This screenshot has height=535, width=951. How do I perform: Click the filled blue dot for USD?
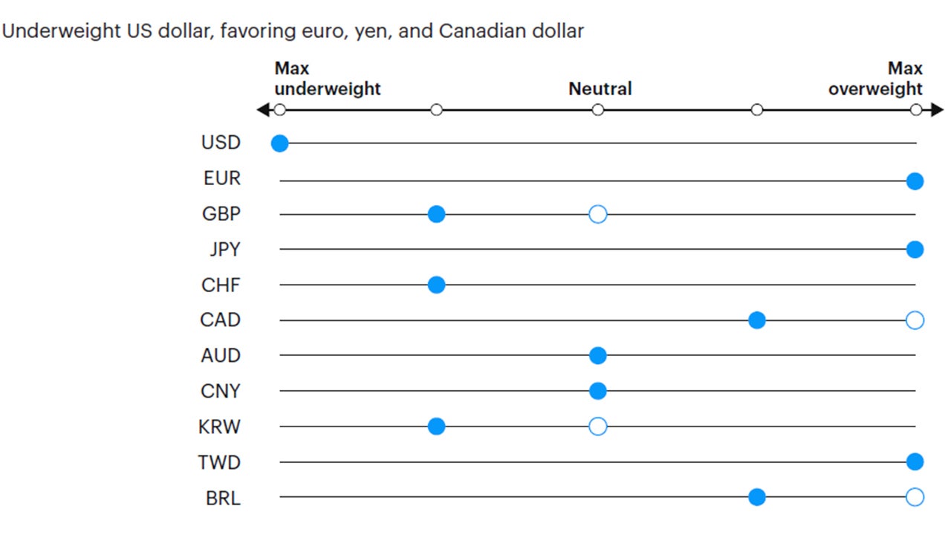coord(279,143)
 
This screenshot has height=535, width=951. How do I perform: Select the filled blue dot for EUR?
coord(915,181)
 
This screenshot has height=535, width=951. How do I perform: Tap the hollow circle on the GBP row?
coord(597,215)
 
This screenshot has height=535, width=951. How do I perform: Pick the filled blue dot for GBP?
coord(436,215)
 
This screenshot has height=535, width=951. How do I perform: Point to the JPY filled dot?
coord(915,250)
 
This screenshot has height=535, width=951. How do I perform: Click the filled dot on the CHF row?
coord(436,285)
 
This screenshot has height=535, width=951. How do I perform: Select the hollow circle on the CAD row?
coord(915,320)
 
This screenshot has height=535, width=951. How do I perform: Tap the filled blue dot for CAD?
coord(756,320)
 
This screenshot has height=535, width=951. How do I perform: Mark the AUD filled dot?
coord(597,356)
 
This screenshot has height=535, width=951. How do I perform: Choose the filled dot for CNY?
coord(597,391)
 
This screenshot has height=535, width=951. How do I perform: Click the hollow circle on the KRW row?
coord(597,427)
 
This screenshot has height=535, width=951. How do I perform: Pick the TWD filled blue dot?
coord(915,462)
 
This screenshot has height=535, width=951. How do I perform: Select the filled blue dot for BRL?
coord(756,497)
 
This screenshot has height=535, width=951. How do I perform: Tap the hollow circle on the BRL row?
coord(915,497)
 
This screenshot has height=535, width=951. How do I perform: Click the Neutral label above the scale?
coord(600,89)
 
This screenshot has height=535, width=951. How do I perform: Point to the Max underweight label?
coord(327,79)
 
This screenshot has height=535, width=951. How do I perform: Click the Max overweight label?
coord(876,79)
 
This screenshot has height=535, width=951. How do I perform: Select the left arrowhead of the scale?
coord(262,110)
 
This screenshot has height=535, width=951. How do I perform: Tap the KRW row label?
coord(220,427)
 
